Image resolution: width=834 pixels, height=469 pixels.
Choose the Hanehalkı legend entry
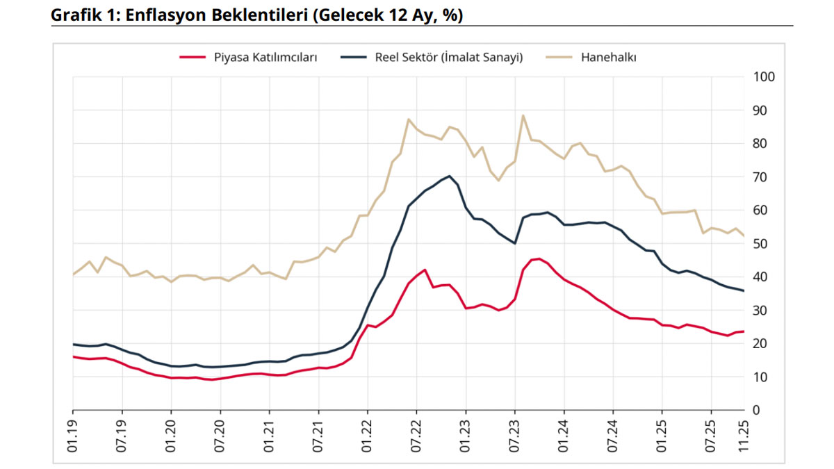pos(608,58)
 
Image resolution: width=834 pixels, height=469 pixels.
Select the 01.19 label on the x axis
pos(73,436)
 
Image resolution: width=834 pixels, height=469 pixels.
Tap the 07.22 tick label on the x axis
pos(416,436)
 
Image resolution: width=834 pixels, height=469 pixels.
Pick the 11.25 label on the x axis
pos(744,436)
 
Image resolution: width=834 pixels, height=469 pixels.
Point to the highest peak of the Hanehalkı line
pos(523,115)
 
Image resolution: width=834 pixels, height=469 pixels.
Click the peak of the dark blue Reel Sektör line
pos(449,176)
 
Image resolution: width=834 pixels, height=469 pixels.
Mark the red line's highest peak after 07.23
pos(539,258)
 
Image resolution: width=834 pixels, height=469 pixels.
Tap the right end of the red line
pos(744,331)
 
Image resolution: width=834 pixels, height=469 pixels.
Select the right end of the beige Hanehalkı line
pos(744,236)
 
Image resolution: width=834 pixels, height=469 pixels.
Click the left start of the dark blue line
pos(73,344)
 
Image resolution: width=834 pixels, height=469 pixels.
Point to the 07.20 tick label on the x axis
pos(220,436)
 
